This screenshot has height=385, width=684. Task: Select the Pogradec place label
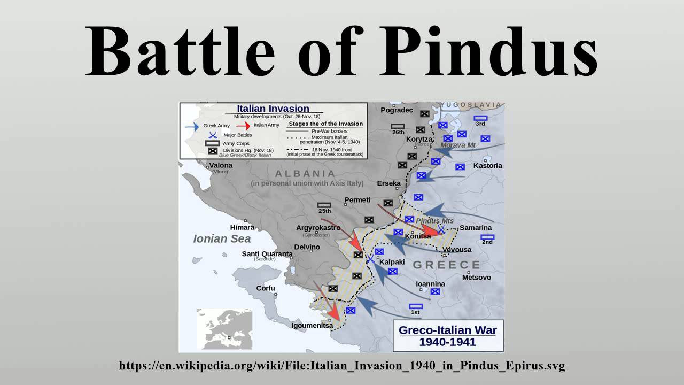point(397,110)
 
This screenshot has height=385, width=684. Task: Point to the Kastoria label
point(487,166)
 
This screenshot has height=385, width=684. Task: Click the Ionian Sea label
point(222,239)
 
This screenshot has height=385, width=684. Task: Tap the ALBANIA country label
point(305,174)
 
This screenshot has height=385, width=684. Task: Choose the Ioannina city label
point(430,284)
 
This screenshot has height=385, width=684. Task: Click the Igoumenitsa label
point(312,325)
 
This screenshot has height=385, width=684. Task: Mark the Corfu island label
point(266,288)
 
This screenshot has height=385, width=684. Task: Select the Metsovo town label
point(476,278)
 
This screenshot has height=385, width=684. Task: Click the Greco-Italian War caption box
point(447,336)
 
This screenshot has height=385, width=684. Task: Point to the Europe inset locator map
point(224,328)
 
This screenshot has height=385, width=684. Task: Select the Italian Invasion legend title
point(273,109)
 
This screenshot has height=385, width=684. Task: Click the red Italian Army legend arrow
point(244,126)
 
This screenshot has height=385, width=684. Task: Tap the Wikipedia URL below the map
point(342,366)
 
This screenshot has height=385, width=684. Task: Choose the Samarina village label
point(475,228)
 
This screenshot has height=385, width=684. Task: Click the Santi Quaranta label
point(267,254)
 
